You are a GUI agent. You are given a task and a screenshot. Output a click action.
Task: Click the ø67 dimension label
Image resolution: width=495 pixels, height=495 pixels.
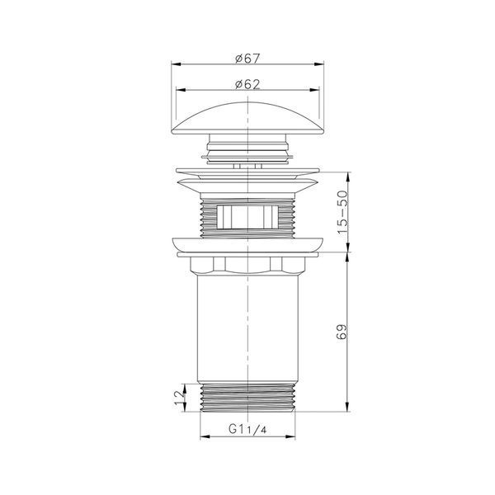point(247,59)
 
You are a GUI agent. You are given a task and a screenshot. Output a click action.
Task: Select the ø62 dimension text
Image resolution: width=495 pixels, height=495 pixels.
point(247,84)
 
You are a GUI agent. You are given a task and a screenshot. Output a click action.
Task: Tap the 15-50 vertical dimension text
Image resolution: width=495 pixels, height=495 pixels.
point(342,212)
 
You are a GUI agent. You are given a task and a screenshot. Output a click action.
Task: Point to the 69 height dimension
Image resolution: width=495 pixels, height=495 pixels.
point(342,332)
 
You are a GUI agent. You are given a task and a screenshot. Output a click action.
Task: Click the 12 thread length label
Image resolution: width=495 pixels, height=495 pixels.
point(179,398)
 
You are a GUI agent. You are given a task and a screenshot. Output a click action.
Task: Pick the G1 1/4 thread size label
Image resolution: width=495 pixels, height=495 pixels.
point(247,429)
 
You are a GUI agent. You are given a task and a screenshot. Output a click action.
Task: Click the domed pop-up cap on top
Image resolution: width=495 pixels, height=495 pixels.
point(247,118)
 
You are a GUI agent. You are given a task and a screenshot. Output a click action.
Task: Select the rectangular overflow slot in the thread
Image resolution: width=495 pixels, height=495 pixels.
point(247,217)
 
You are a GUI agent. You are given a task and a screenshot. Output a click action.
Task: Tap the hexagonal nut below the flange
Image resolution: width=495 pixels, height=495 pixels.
point(247,265)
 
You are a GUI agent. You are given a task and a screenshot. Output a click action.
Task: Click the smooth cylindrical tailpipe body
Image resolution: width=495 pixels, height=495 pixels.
point(247,328)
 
